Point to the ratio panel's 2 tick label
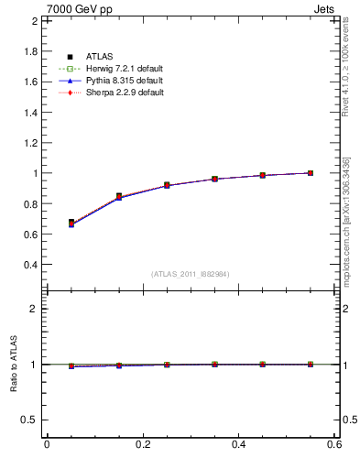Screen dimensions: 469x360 pyautogui.click(x=36, y=309)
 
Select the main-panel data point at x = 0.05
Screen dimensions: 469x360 pyautogui.click(x=71, y=223)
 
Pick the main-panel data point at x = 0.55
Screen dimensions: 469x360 pyautogui.click(x=311, y=172)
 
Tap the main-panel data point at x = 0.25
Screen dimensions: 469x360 pyautogui.click(x=167, y=185)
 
